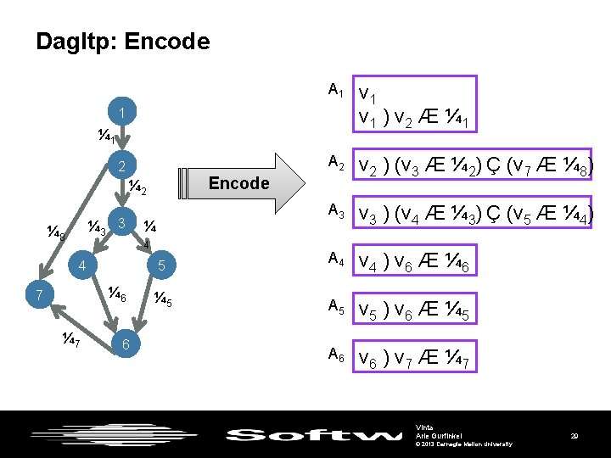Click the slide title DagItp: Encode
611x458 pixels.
(122, 42)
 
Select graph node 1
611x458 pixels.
(122, 114)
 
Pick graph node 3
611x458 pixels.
(122, 223)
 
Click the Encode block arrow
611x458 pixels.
(241, 183)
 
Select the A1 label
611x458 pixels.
(336, 89)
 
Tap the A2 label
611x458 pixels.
(336, 161)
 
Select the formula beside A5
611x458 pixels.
(415, 312)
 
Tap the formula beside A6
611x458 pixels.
(415, 360)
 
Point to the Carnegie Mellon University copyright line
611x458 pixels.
(463, 444)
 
